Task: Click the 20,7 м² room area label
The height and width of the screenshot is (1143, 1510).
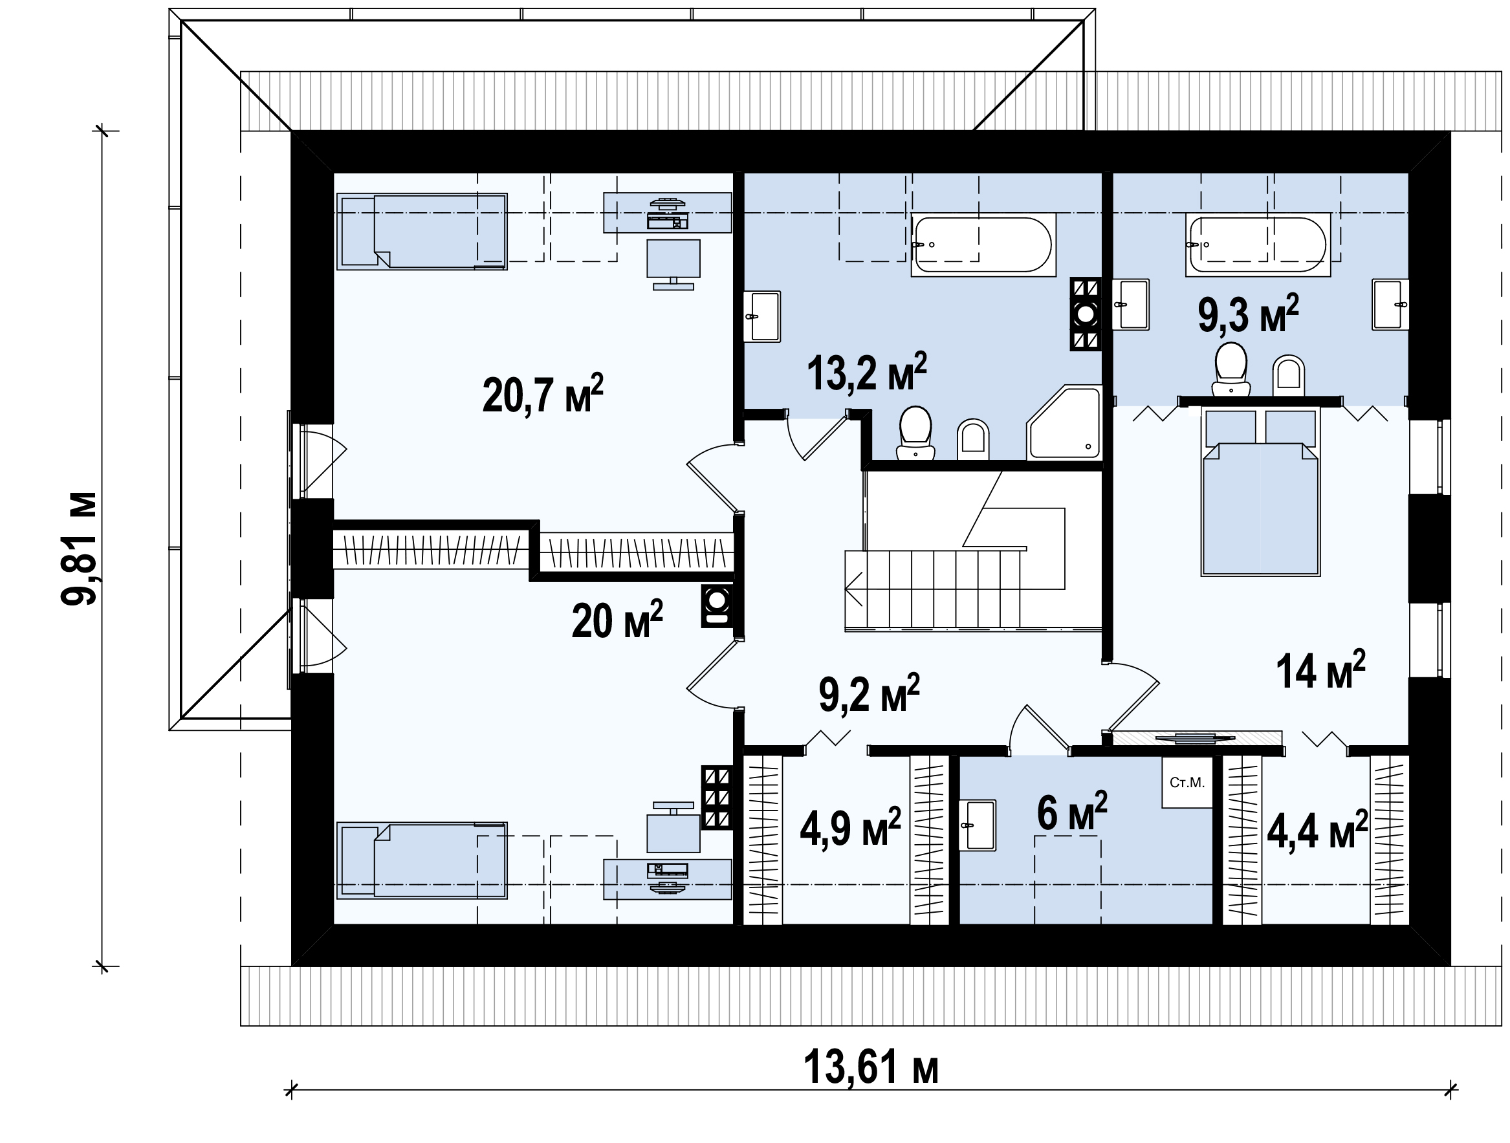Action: (543, 394)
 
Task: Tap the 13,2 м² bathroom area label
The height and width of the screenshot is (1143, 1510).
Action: (867, 373)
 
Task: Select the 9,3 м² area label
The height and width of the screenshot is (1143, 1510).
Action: (1248, 314)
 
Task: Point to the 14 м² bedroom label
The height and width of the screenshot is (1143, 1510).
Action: (1321, 669)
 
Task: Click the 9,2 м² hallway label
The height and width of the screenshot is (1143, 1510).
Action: (869, 693)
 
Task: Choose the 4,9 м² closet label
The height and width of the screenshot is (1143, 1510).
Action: (851, 828)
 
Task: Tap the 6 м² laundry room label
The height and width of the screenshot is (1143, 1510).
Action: (1072, 812)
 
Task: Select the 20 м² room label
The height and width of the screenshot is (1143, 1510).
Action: (617, 620)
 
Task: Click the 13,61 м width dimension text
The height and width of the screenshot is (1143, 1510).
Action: (871, 1067)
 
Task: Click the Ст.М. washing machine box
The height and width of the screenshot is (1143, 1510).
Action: (1187, 782)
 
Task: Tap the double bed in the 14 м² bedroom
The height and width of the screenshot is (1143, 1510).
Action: (1260, 492)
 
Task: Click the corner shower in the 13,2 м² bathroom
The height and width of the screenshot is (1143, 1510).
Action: (1064, 422)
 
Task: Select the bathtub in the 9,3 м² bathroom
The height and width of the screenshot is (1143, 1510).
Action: (1258, 245)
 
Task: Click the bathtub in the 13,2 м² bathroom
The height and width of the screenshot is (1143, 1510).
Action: (983, 245)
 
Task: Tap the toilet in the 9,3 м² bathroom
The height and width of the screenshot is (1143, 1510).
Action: (1231, 369)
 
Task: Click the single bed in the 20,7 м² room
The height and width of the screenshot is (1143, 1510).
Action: (422, 232)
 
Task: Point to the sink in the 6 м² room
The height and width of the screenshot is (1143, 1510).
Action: (978, 825)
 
